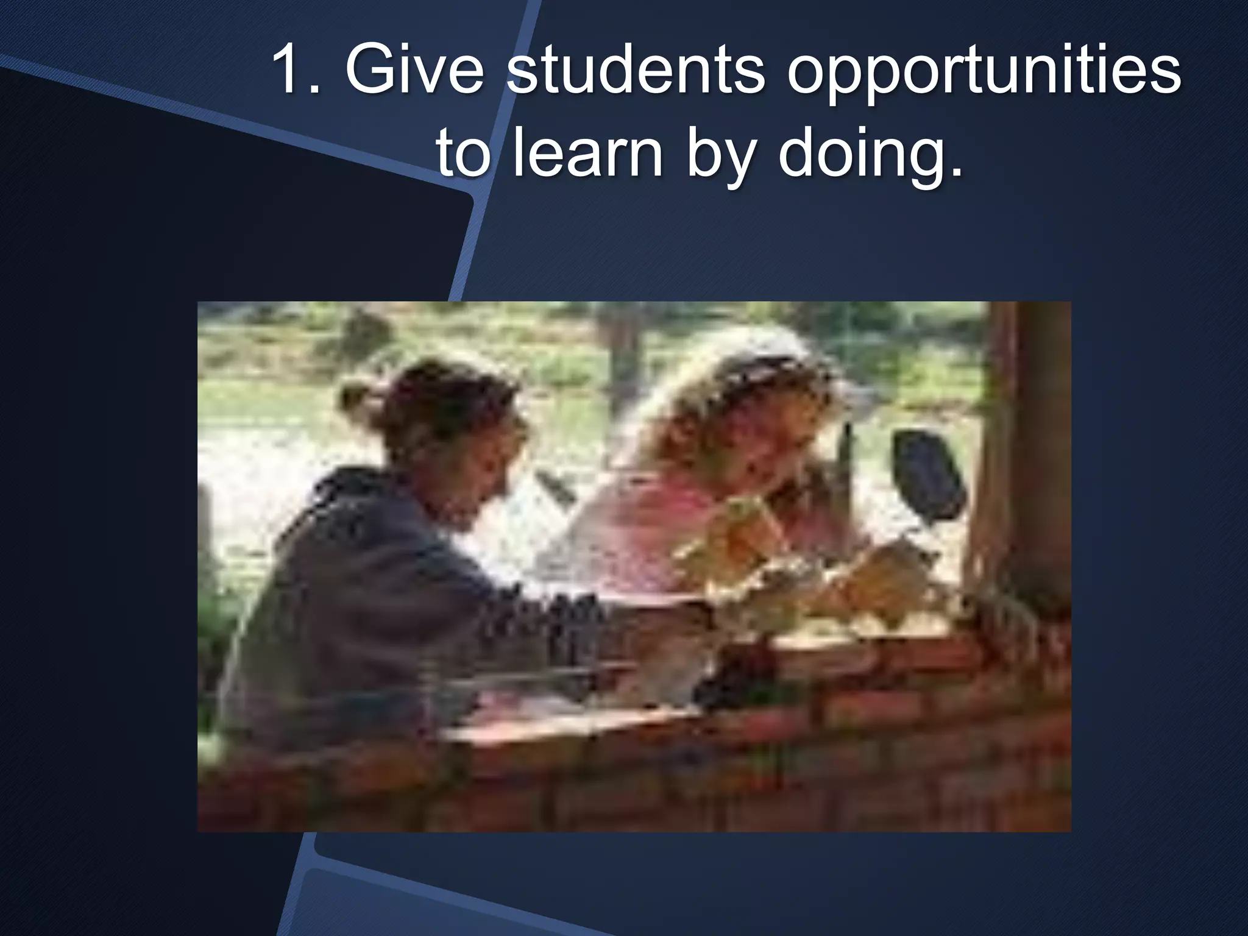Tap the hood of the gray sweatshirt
click(x=341, y=494)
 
